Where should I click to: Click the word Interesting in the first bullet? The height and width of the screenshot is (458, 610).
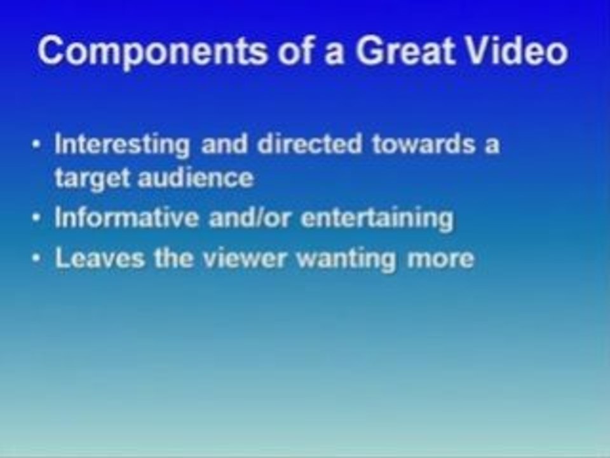pyautogui.click(x=122, y=145)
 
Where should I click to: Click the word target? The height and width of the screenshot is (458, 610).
pyautogui.click(x=89, y=178)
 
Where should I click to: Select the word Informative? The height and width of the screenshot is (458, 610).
pyautogui.click(x=126, y=218)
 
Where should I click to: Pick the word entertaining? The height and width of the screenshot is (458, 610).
pyautogui.click(x=377, y=219)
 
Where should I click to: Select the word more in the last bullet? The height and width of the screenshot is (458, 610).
pyautogui.click(x=445, y=259)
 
